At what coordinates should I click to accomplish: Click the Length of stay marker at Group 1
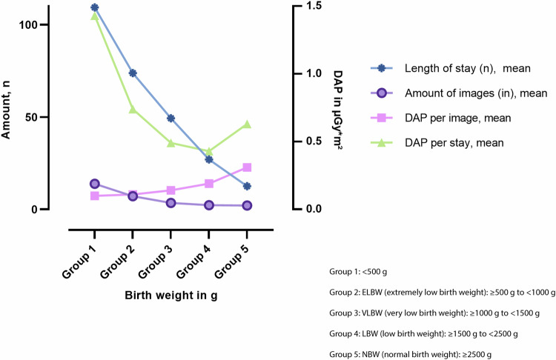tap(95, 7)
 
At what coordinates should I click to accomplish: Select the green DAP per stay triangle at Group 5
tap(247, 124)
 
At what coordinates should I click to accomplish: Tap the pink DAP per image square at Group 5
tap(247, 167)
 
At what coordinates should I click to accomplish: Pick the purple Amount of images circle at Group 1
tap(95, 184)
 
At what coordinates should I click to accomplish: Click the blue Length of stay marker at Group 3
tap(171, 118)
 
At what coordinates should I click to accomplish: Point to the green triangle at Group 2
tap(133, 109)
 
